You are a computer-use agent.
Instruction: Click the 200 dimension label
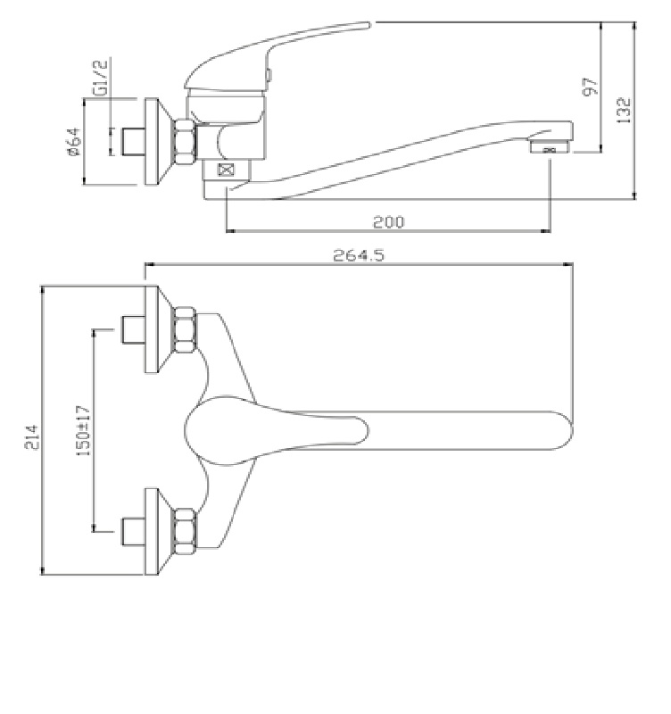(388, 221)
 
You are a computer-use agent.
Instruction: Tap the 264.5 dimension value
(359, 255)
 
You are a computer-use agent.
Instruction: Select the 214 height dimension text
(32, 437)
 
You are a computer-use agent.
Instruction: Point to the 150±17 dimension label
(83, 431)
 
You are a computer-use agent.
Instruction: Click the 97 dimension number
(590, 86)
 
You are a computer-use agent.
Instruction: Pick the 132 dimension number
(623, 110)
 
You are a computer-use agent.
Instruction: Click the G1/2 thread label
(101, 78)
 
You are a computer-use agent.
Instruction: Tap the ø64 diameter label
(73, 142)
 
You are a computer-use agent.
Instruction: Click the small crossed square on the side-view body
(226, 170)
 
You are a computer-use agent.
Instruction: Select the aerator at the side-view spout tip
(550, 147)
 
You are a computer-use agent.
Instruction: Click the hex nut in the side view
(186, 141)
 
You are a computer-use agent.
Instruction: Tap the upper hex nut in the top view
(186, 329)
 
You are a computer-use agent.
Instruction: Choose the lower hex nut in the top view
(186, 531)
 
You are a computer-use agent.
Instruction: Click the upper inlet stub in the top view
(133, 329)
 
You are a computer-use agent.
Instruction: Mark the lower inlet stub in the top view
(133, 531)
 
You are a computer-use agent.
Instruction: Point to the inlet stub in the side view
(133, 142)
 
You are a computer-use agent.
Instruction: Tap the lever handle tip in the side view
(369, 25)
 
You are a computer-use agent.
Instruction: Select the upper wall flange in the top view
(152, 329)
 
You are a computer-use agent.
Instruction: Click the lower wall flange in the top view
(152, 531)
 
